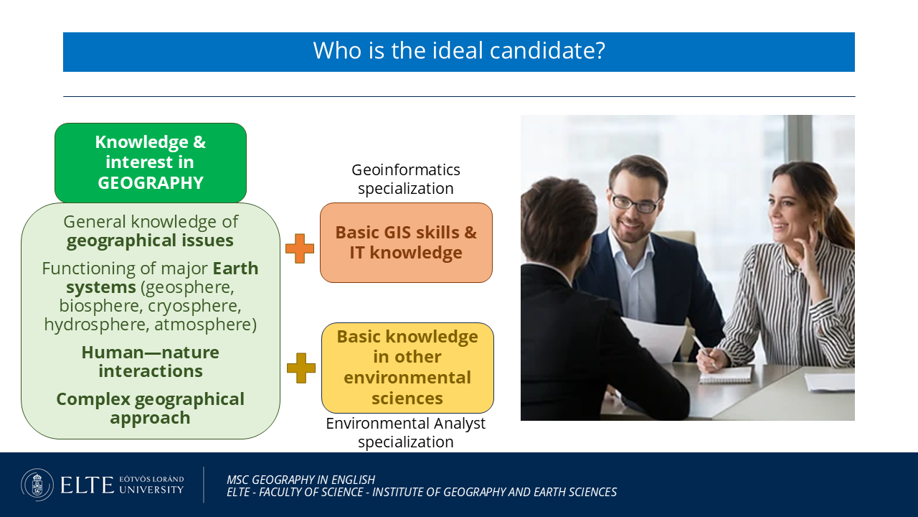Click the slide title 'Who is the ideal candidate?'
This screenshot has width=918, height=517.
[459, 51]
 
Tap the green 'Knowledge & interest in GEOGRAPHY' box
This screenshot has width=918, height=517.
[151, 162]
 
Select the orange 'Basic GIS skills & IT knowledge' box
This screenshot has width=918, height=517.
[406, 243]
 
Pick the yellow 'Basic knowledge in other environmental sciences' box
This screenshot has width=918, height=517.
[407, 368]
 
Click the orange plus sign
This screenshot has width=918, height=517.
[300, 248]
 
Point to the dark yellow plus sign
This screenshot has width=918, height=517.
[301, 368]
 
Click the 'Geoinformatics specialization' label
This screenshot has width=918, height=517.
[406, 179]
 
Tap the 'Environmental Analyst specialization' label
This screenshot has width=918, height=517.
[406, 432]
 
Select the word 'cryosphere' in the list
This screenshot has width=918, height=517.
[194, 306]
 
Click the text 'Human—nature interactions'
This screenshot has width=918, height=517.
[151, 361]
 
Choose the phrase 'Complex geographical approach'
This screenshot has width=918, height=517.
[151, 409]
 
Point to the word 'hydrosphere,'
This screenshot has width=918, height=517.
[97, 325]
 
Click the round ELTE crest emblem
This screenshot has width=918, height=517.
[37, 485]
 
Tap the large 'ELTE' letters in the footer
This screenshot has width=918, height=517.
[87, 485]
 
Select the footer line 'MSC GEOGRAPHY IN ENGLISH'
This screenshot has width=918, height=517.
[301, 480]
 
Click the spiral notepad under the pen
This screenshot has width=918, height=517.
[726, 375]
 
